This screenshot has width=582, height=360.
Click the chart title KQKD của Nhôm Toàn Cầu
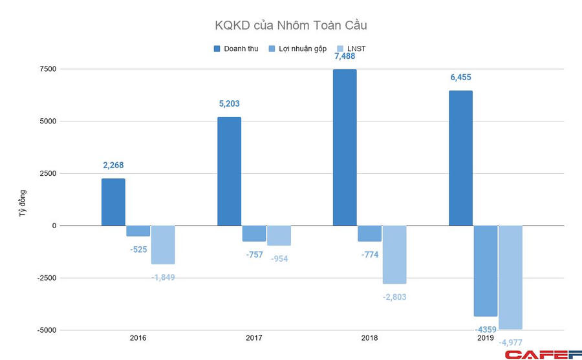[291, 26]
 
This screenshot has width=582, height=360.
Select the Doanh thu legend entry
[235, 48]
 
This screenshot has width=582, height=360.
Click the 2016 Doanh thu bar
[113, 202]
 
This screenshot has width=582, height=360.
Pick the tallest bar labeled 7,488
[345, 147]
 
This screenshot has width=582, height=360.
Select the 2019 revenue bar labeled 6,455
[460, 158]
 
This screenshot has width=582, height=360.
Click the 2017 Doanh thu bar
[229, 171]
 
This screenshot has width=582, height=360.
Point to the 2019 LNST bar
[510, 277]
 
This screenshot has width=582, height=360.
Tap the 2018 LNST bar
[394, 255]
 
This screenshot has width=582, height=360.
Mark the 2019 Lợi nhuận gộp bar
[486, 271]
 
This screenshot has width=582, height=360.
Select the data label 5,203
[229, 103]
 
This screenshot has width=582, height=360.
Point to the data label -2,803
[394, 297]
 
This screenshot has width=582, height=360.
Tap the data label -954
[279, 259]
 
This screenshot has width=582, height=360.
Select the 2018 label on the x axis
[370, 338]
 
